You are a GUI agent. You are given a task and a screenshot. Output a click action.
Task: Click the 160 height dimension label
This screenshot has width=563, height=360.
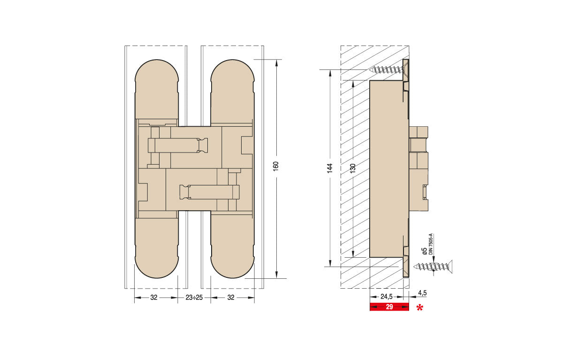(x=276, y=167)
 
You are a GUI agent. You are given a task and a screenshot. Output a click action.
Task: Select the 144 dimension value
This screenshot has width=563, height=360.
(x=330, y=168)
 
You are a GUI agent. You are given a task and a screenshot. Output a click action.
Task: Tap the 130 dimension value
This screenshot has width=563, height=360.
(x=353, y=168)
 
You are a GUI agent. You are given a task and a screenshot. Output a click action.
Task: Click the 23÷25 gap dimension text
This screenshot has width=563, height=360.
(x=194, y=298)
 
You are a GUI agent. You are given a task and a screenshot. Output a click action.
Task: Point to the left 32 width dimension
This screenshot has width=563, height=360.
(x=154, y=298)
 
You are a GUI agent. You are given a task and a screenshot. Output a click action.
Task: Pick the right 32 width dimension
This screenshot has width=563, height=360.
(x=231, y=298)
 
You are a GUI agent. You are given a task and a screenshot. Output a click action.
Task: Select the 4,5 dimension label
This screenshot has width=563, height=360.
(x=422, y=293)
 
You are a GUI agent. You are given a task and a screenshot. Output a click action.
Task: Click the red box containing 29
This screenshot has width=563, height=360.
(x=389, y=307)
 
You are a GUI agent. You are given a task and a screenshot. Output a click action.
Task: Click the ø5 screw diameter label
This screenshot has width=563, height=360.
(x=424, y=251)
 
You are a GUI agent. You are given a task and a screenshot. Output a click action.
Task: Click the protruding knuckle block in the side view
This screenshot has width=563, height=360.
(x=418, y=169)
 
